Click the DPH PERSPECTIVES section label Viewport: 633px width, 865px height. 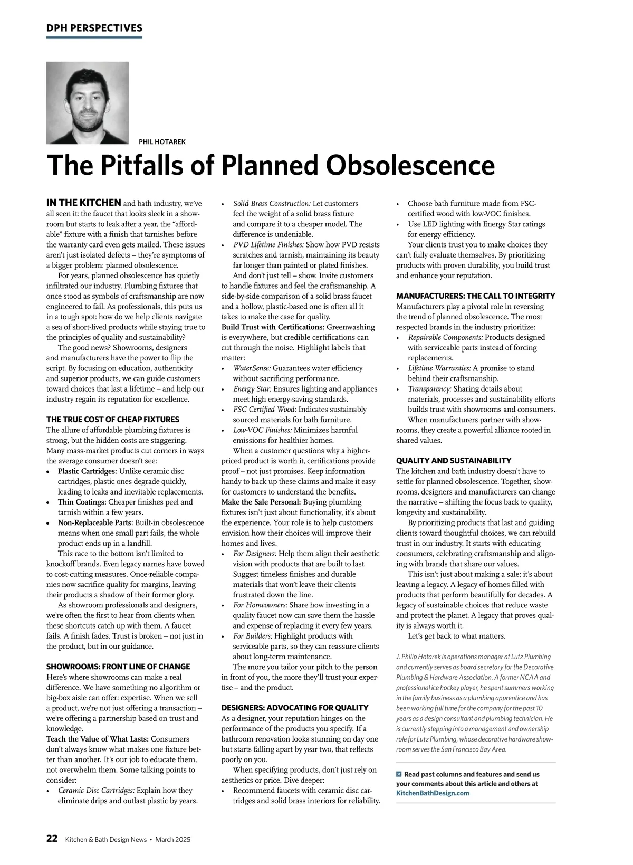click(94, 28)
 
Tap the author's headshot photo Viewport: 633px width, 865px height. click(88, 103)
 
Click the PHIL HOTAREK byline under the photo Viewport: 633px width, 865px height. click(162, 142)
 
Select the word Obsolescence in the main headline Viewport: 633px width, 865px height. click(410, 165)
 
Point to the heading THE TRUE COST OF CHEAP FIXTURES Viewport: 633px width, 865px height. click(113, 420)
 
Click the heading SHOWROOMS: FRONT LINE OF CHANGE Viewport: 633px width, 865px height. click(118, 667)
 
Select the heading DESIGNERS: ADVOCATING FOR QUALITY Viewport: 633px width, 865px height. click(295, 708)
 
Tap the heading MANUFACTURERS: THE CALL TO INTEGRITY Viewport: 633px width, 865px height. click(475, 296)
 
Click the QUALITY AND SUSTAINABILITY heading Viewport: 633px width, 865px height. click(454, 461)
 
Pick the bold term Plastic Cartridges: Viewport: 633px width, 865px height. click(88, 471)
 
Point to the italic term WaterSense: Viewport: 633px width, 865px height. click(252, 368)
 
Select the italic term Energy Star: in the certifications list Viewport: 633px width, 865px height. click(252, 389)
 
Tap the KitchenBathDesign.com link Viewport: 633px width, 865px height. click(433, 793)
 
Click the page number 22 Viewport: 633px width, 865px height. click(52, 839)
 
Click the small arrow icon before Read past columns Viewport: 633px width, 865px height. click(399, 774)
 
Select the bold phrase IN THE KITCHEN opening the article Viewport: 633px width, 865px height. click(84, 203)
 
